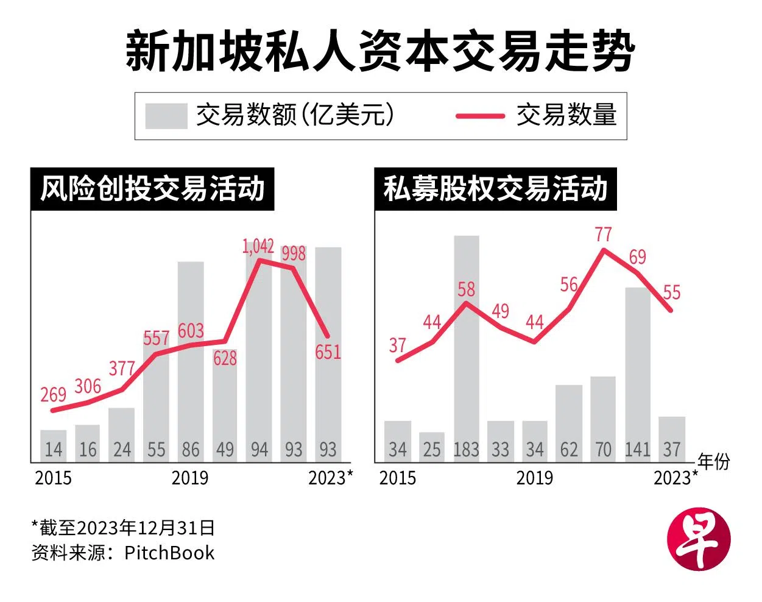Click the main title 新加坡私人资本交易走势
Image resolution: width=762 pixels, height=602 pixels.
coord(380,51)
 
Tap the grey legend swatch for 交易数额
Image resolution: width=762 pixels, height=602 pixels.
coord(166,116)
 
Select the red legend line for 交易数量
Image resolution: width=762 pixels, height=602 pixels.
coord(480,116)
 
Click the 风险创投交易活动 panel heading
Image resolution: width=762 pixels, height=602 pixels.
coord(152,189)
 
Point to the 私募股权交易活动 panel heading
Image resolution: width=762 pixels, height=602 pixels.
coord(495,189)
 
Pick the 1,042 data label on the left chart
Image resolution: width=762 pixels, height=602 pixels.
coord(258,246)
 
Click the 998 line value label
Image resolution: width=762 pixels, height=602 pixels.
coord(294,252)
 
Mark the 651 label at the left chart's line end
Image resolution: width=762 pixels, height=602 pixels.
coord(328,352)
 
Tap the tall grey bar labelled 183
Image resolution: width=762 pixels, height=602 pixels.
coord(466,341)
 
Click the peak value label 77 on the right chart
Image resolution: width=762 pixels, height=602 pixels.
coord(603,234)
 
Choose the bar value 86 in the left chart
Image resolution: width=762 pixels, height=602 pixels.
coord(191,450)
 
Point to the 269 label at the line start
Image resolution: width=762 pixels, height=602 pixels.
coord(53,395)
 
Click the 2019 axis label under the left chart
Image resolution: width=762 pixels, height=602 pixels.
coord(190,478)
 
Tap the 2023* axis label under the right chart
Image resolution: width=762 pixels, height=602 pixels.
coord(676,478)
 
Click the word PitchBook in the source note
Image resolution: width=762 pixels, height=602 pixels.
coord(169,553)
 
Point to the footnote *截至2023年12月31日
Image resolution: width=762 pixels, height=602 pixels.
coord(123,528)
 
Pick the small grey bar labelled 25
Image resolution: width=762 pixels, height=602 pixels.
coord(432,446)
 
